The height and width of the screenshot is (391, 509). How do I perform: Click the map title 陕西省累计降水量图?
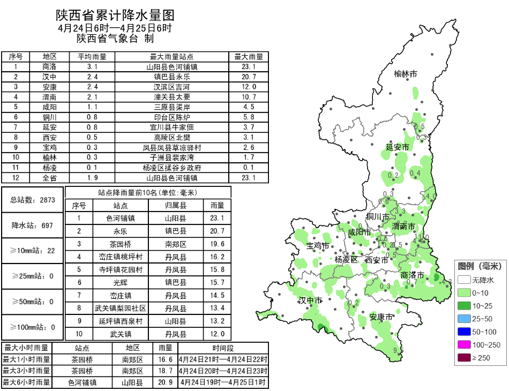(115, 15)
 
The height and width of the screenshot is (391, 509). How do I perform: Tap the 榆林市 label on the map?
(405, 74)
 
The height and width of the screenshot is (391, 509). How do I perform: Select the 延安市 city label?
(398, 147)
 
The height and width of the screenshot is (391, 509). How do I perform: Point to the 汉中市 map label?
(311, 300)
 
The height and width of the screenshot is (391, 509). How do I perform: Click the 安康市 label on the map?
(381, 317)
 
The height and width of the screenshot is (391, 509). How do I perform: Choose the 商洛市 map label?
(413, 275)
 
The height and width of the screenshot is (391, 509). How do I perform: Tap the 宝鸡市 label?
(318, 246)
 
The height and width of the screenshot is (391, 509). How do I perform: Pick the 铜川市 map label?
(378, 216)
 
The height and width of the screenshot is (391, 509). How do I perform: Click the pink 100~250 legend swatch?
(463, 345)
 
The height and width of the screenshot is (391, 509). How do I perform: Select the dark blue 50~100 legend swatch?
(463, 332)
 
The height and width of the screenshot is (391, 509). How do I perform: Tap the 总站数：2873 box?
(33, 200)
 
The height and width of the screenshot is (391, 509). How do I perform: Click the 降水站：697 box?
(33, 225)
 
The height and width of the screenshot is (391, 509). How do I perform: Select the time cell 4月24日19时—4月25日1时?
(223, 382)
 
